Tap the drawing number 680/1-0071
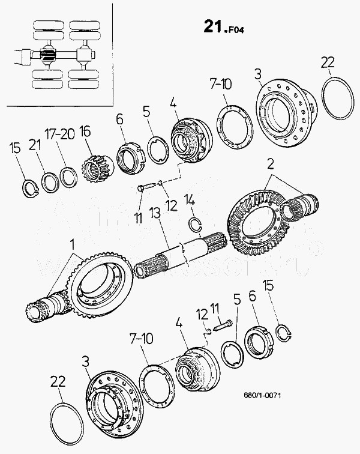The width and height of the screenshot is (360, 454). click(x=262, y=395)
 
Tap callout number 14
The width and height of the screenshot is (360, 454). click(x=190, y=200)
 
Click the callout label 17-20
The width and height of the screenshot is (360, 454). click(x=60, y=133)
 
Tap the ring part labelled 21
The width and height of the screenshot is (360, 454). click(x=50, y=181)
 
